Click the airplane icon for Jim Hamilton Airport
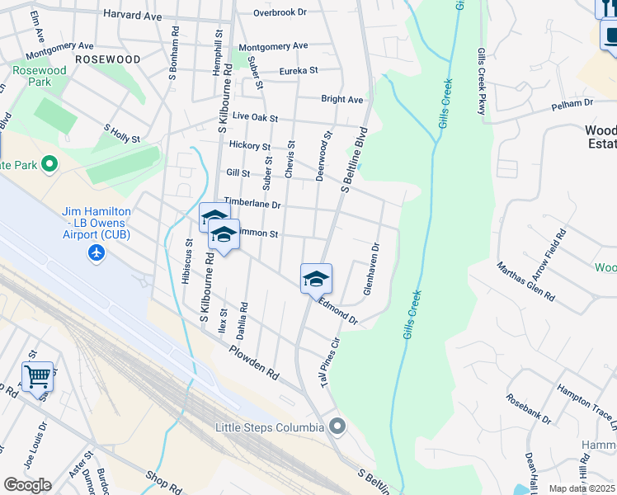pyautogui.click(x=97, y=252)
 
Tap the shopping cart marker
pyautogui.click(x=37, y=376)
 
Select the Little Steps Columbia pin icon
pyautogui.click(x=337, y=427)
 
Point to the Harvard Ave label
pyautogui.click(x=132, y=15)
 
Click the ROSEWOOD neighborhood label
pyautogui.click(x=107, y=59)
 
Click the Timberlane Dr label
pyautogui.click(x=252, y=204)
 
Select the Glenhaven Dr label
pyautogui.click(x=370, y=270)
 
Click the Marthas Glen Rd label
pyautogui.click(x=525, y=282)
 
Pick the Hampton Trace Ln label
pyautogui.click(x=586, y=408)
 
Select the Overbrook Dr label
pyautogui.click(x=280, y=12)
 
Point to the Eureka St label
pyautogui.click(x=299, y=72)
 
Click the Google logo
pyautogui.click(x=27, y=484)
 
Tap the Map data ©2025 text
pyautogui.click(x=582, y=488)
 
